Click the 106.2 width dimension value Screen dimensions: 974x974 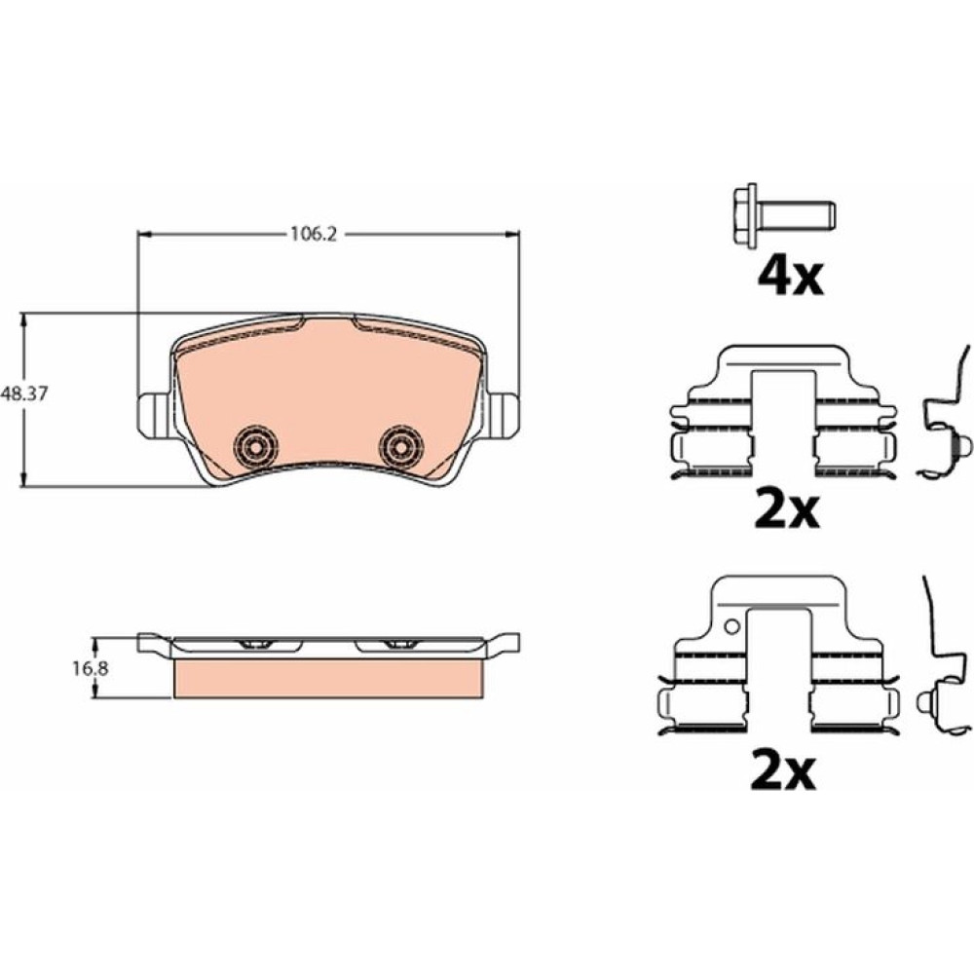click(313, 234)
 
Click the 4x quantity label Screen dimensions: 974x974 click(790, 277)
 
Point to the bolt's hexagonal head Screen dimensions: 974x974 click(744, 215)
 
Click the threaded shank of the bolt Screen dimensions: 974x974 click(796, 215)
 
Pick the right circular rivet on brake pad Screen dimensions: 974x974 click(402, 446)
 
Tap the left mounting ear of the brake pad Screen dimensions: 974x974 click(152, 415)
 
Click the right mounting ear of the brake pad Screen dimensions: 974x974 click(504, 415)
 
